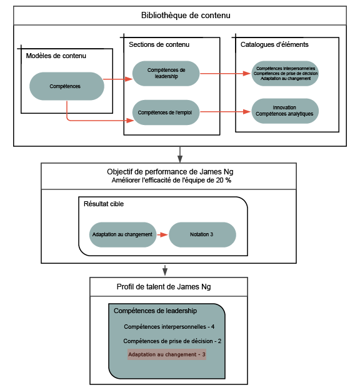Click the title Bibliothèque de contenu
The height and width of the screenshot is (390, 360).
click(179, 16)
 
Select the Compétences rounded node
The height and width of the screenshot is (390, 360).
click(67, 86)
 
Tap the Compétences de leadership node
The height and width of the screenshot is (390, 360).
click(166, 73)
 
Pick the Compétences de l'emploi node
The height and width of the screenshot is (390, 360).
click(166, 112)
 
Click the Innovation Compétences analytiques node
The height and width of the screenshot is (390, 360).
click(284, 111)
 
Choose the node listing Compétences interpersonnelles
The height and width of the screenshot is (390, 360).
click(284, 73)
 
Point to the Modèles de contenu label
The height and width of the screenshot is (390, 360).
click(56, 56)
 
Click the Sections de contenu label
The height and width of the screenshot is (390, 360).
click(159, 44)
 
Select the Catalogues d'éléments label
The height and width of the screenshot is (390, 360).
click(274, 44)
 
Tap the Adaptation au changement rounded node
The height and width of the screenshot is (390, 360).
click(122, 234)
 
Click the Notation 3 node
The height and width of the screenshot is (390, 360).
click(202, 234)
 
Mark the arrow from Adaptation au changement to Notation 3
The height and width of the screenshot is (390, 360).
click(161, 234)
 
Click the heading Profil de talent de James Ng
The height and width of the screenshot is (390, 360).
click(164, 287)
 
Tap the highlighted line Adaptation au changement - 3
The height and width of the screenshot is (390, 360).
click(166, 354)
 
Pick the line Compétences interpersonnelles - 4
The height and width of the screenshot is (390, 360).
click(169, 326)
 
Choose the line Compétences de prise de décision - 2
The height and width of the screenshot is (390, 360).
click(172, 341)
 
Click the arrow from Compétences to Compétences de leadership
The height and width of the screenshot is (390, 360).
click(118, 79)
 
